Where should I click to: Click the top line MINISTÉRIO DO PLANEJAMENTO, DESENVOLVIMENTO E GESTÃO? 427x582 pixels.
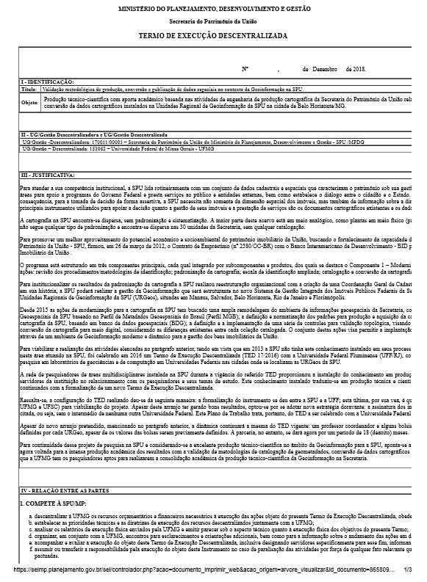tap(213, 8)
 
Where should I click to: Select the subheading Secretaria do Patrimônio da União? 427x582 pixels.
tap(213, 22)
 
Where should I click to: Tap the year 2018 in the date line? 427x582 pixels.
tap(358, 68)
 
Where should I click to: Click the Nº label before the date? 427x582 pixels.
tap(245, 68)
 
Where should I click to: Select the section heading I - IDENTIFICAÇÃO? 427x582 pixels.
tap(47, 81)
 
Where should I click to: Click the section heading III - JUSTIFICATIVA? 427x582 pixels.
tap(48, 175)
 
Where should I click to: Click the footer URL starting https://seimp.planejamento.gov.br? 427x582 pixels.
tap(198, 569)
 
